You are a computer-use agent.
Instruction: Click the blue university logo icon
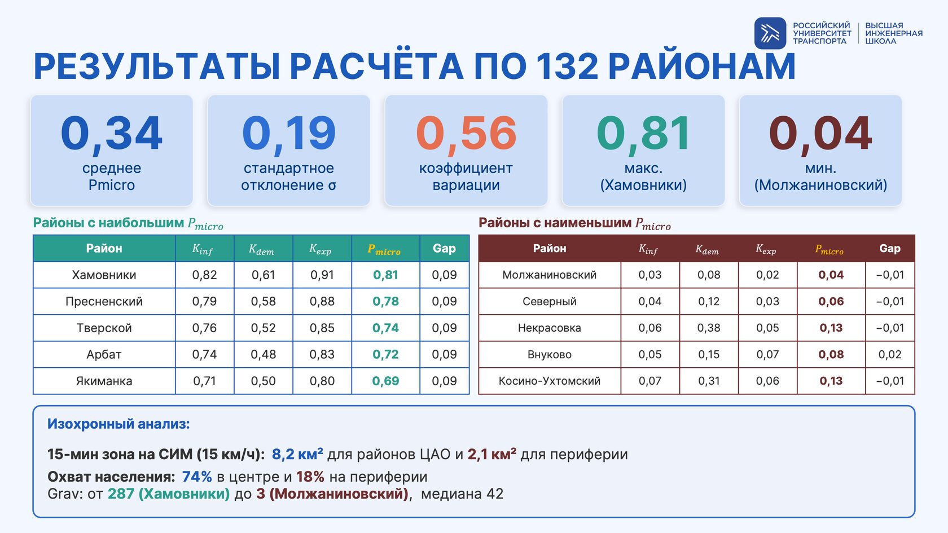coord(770,33)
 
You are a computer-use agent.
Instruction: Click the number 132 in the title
coord(567,67)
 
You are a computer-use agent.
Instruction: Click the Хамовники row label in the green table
coord(104,275)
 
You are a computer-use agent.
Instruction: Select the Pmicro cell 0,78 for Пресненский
coord(385,301)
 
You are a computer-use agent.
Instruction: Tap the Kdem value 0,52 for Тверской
coord(263,328)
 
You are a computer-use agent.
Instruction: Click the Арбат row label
coord(104,354)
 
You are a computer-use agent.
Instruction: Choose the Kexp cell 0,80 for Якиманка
coord(322,381)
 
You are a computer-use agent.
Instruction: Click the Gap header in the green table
coord(445,248)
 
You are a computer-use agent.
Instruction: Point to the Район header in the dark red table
coord(550,248)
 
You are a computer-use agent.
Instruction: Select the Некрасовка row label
coord(550,328)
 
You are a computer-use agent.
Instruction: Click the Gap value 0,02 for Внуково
coord(889,354)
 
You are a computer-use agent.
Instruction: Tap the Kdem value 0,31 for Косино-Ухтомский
coord(709,381)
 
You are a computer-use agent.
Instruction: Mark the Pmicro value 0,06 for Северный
coord(831,301)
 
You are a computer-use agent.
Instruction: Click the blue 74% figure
coord(197,477)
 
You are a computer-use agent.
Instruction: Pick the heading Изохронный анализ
coord(118,424)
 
